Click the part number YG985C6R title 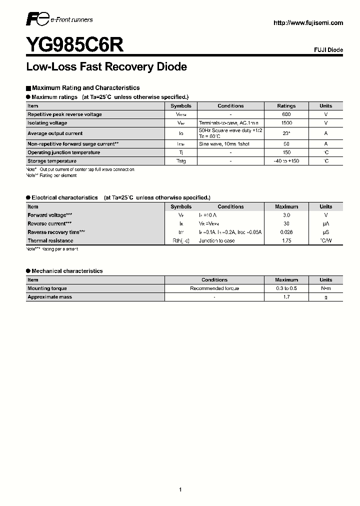point(74,45)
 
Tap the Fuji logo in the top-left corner point(37,20)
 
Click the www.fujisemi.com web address point(308,23)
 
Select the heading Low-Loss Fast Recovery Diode point(106,67)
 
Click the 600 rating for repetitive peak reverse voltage point(286,114)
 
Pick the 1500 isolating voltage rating point(286,123)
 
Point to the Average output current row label point(55,133)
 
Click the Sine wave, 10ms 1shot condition point(224,144)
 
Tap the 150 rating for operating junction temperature point(286,152)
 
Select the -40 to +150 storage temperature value point(286,161)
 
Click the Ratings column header point(286,106)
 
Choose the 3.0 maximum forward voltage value point(286,215)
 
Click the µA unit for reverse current point(326,223)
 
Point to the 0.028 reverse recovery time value point(286,232)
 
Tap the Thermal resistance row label point(50,240)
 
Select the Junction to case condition point(216,240)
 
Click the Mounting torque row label point(47,288)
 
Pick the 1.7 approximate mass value point(286,297)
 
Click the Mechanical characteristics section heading point(67,271)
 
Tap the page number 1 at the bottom point(180,475)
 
